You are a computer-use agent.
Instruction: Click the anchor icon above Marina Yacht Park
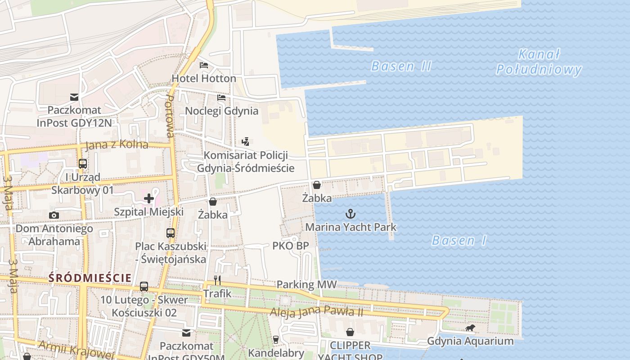click(351, 214)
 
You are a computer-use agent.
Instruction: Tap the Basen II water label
click(401, 67)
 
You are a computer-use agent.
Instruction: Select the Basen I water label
click(459, 241)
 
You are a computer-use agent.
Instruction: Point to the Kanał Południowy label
click(539, 63)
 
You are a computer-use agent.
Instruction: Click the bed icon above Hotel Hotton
click(204, 65)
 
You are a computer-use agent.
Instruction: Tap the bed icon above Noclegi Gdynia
click(221, 97)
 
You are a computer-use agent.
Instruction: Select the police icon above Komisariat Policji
click(245, 142)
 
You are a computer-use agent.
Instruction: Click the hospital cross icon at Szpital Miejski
click(148, 198)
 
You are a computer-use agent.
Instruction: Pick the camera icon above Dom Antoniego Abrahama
click(54, 215)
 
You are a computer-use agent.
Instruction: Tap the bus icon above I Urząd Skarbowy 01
click(83, 164)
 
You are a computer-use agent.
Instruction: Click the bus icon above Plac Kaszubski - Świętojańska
click(171, 233)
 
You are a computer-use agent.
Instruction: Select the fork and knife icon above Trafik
click(217, 280)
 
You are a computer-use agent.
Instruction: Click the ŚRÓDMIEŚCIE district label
click(90, 278)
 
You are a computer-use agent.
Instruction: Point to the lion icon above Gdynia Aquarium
click(470, 328)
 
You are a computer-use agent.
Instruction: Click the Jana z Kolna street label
click(117, 145)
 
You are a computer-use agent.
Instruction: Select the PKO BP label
click(291, 246)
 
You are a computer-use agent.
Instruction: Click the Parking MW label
click(306, 284)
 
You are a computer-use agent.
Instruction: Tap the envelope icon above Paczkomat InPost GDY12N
click(74, 97)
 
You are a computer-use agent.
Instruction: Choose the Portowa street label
click(170, 115)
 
